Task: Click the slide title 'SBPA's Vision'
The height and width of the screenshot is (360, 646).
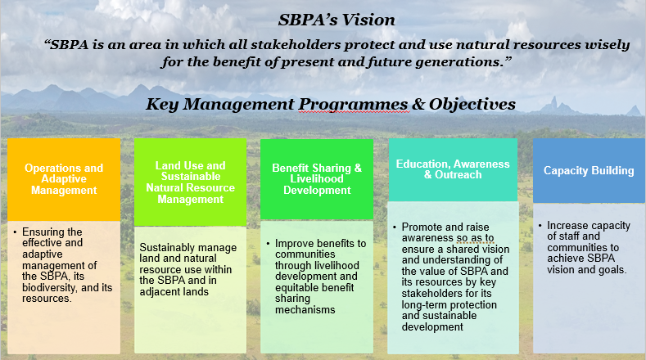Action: click(x=337, y=20)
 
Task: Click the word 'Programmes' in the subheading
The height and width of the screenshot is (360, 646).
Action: click(x=354, y=105)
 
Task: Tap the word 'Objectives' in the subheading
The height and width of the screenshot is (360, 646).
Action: click(x=472, y=104)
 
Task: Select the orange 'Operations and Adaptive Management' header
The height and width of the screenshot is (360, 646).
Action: click(x=64, y=179)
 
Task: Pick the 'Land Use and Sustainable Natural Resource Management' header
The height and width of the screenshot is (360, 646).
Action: click(x=190, y=182)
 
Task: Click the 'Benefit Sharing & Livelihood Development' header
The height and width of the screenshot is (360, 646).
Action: click(x=317, y=179)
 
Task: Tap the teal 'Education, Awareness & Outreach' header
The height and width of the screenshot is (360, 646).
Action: click(x=453, y=169)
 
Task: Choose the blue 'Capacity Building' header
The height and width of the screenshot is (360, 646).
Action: click(x=589, y=170)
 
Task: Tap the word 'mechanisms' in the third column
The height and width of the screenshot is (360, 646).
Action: click(x=305, y=310)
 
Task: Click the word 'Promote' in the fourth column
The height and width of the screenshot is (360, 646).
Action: click(x=418, y=227)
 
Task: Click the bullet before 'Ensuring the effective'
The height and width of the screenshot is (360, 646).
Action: click(x=15, y=232)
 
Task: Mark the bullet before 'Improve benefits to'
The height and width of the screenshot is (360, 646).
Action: click(x=268, y=244)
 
